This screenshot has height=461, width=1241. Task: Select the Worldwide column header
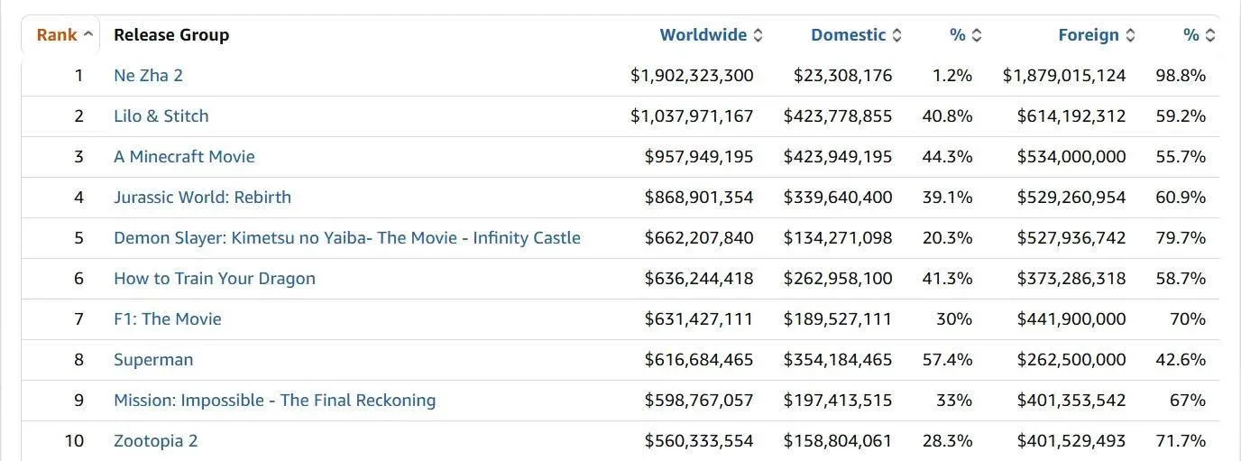[703, 35]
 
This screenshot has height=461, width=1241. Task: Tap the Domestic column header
[849, 35]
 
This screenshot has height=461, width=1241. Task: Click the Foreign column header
[1089, 35]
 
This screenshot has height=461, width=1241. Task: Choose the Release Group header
[171, 35]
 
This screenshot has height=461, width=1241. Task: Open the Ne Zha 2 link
[148, 76]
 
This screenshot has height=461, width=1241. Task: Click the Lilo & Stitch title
[161, 116]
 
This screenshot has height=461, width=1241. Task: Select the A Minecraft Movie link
[184, 157]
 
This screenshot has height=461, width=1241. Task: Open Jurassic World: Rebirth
[202, 198]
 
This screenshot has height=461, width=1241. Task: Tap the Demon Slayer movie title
[346, 238]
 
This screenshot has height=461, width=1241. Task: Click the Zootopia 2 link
[155, 441]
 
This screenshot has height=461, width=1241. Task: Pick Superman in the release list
[153, 360]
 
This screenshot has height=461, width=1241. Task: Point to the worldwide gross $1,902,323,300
[692, 76]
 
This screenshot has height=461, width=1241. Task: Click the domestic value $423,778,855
[838, 116]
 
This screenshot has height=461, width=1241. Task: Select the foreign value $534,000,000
[1071, 157]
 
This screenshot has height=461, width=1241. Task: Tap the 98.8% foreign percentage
[1181, 76]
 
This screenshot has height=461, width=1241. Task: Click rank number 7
[78, 319]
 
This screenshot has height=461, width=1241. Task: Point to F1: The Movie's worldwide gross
[699, 319]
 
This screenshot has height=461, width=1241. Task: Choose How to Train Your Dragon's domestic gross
[838, 279]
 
